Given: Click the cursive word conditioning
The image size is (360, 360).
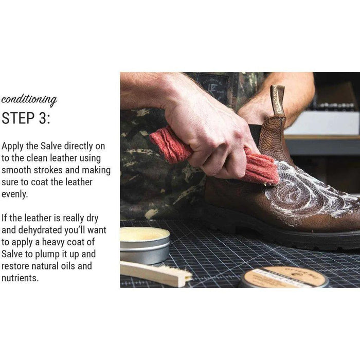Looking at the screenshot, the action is coord(29,100).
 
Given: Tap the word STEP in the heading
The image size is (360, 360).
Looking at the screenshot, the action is coord(18,118).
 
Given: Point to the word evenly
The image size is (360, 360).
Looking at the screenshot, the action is coord(14,194).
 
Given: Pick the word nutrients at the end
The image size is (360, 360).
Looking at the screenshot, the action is coord(20,278).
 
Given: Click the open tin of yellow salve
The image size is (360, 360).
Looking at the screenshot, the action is coord(145,245).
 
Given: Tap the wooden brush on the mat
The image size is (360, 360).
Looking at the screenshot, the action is coord(156,274).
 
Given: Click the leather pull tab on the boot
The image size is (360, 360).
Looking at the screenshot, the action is coord(278,101).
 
